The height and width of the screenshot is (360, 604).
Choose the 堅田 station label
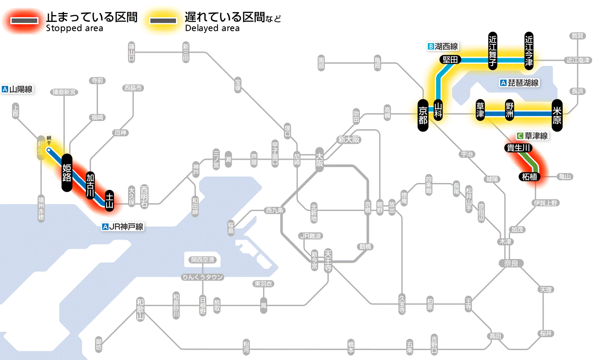tap(450, 60)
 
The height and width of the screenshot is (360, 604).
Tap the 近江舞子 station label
tap(493, 50)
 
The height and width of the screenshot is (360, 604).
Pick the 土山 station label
tap(110, 201)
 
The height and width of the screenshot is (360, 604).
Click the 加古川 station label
tap(90, 185)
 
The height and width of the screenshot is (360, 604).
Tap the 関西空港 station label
tap(202, 260)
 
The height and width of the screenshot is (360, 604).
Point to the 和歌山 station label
tap(140, 308)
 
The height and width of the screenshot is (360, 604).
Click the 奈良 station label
tap(511, 263)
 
